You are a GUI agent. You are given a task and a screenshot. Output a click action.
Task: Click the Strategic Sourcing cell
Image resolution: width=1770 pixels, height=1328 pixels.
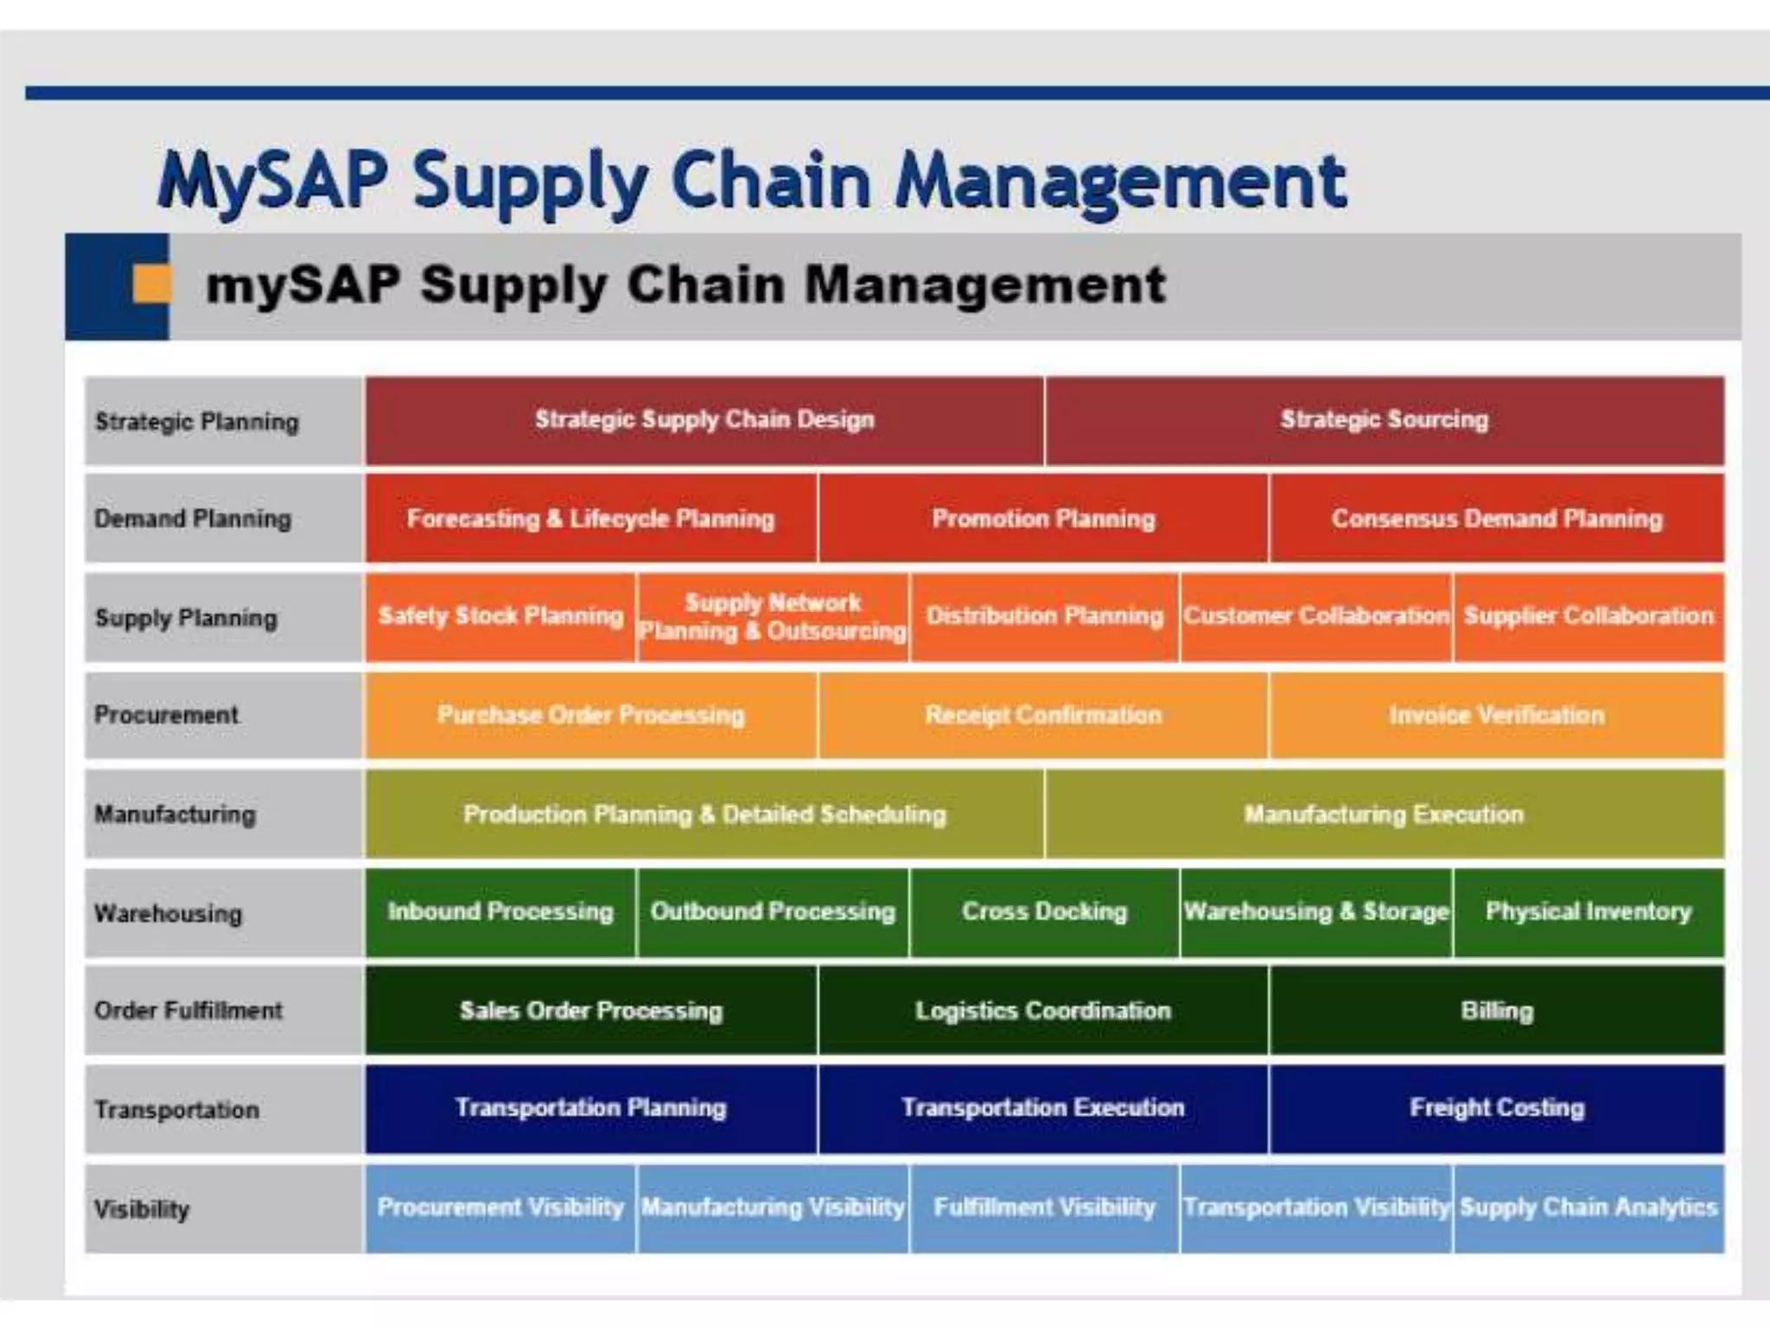[x=1384, y=420]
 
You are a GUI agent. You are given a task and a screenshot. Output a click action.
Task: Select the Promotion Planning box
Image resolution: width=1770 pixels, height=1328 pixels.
[x=1043, y=519]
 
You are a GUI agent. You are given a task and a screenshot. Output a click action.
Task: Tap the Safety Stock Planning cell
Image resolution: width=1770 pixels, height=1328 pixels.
[x=500, y=616]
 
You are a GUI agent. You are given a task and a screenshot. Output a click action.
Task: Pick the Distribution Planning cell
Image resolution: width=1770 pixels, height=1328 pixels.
[x=1044, y=616]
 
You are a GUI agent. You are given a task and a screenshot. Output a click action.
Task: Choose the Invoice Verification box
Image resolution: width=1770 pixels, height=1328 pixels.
[x=1496, y=715]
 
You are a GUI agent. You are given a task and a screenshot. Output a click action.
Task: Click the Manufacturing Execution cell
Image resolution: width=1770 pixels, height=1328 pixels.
[x=1384, y=814]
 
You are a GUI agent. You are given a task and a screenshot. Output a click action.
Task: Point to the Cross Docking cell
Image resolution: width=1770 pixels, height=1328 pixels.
[x=1044, y=911]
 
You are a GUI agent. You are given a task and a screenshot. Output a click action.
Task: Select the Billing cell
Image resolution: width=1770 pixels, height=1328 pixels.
[x=1496, y=1010]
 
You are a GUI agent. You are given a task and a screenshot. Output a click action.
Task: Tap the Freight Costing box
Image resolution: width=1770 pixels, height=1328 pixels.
[x=1496, y=1108]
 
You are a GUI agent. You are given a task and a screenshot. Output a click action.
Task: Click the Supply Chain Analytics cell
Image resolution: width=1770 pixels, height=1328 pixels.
[x=1589, y=1207]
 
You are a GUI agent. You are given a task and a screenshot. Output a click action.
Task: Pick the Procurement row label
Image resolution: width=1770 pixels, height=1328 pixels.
[x=167, y=715]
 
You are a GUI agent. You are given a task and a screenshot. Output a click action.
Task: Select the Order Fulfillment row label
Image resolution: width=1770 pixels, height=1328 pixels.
[x=188, y=1010]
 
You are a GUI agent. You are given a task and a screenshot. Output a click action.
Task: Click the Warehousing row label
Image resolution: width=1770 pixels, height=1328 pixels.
[x=169, y=913]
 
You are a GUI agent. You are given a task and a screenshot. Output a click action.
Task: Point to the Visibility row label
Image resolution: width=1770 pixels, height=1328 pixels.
[x=142, y=1209]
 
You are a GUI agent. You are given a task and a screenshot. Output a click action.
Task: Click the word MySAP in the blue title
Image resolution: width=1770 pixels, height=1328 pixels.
[x=272, y=182]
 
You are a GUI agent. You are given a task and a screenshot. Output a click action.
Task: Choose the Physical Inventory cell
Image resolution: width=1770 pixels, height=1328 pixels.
[x=1589, y=911]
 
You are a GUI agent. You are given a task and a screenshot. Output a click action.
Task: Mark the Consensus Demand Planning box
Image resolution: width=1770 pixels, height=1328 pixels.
[x=1496, y=519]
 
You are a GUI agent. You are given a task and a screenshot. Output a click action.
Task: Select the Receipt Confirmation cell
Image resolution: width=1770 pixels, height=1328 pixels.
[x=1043, y=715]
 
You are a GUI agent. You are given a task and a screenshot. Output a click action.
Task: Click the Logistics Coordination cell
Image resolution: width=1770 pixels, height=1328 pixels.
[x=1043, y=1010]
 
